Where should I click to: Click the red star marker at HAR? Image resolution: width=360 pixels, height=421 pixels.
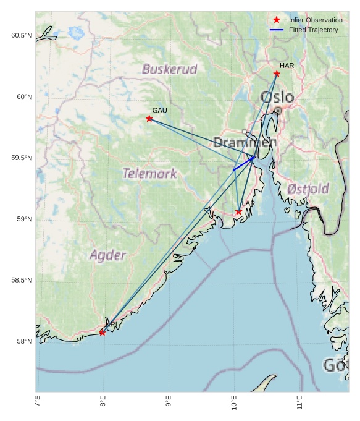(277, 74)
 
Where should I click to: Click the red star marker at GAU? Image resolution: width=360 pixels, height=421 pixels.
(149, 118)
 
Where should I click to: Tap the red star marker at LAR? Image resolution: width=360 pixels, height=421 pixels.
(238, 212)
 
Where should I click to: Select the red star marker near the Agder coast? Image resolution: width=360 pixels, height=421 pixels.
(103, 333)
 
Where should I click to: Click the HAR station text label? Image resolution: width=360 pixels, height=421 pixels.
(287, 65)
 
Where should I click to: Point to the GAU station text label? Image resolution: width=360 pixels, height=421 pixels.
(159, 110)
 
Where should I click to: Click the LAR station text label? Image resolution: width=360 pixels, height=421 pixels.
(248, 203)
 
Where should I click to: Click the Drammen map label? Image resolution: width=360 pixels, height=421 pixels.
(245, 143)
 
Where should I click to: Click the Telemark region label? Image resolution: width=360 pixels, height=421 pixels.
(149, 173)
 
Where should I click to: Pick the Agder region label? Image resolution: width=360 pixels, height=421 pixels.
(108, 255)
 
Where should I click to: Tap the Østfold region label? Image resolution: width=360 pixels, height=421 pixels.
(308, 189)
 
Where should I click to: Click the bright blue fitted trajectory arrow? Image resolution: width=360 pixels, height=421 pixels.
(243, 163)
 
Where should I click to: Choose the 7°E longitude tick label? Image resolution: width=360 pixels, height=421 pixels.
(38, 402)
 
